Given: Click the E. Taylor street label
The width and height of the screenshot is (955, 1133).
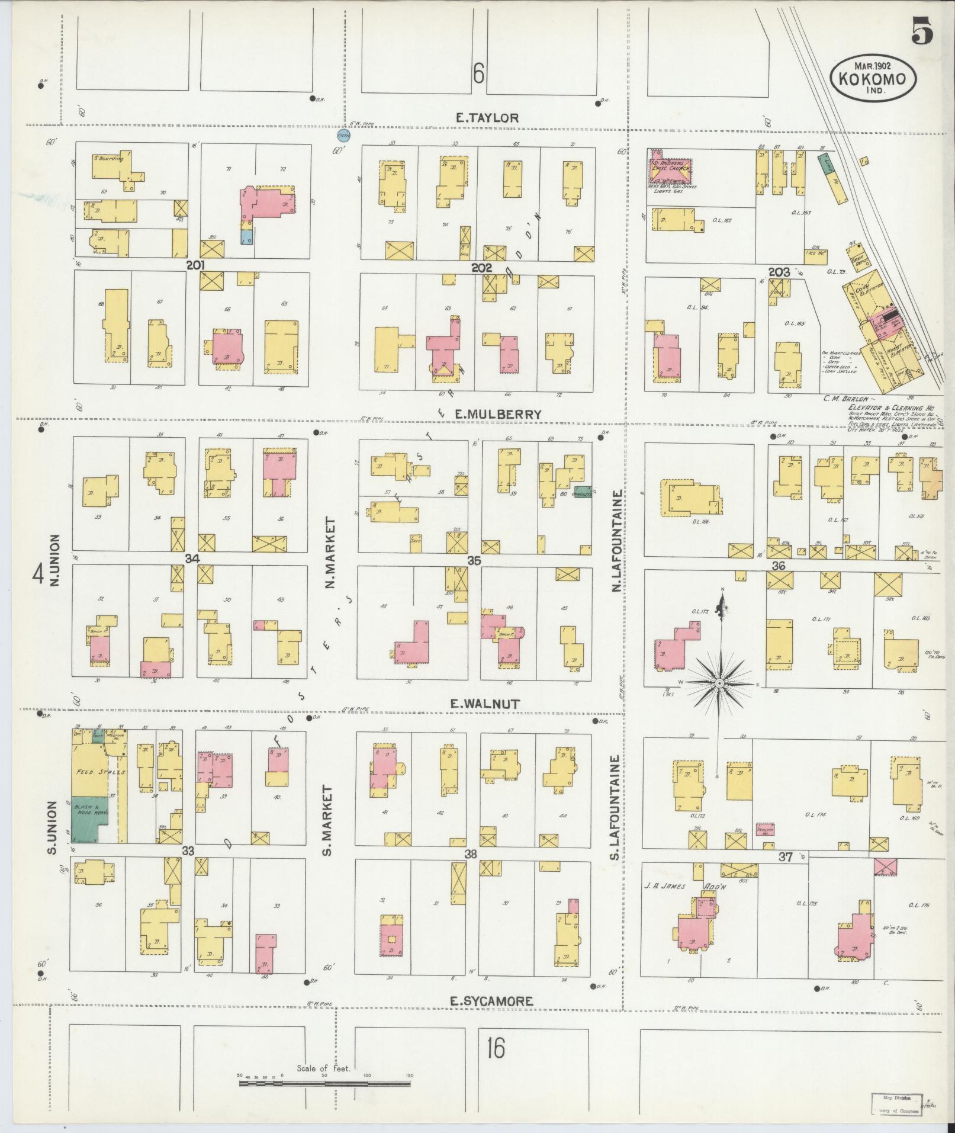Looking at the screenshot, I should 487,118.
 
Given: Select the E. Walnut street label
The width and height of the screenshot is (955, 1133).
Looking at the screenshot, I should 485,704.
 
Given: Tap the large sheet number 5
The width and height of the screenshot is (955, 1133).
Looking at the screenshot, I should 922,31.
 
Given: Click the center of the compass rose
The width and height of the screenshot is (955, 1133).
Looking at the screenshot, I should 718,683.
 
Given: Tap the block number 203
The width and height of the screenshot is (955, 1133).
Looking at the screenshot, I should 779,272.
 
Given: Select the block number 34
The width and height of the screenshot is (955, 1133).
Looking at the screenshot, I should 192,559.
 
